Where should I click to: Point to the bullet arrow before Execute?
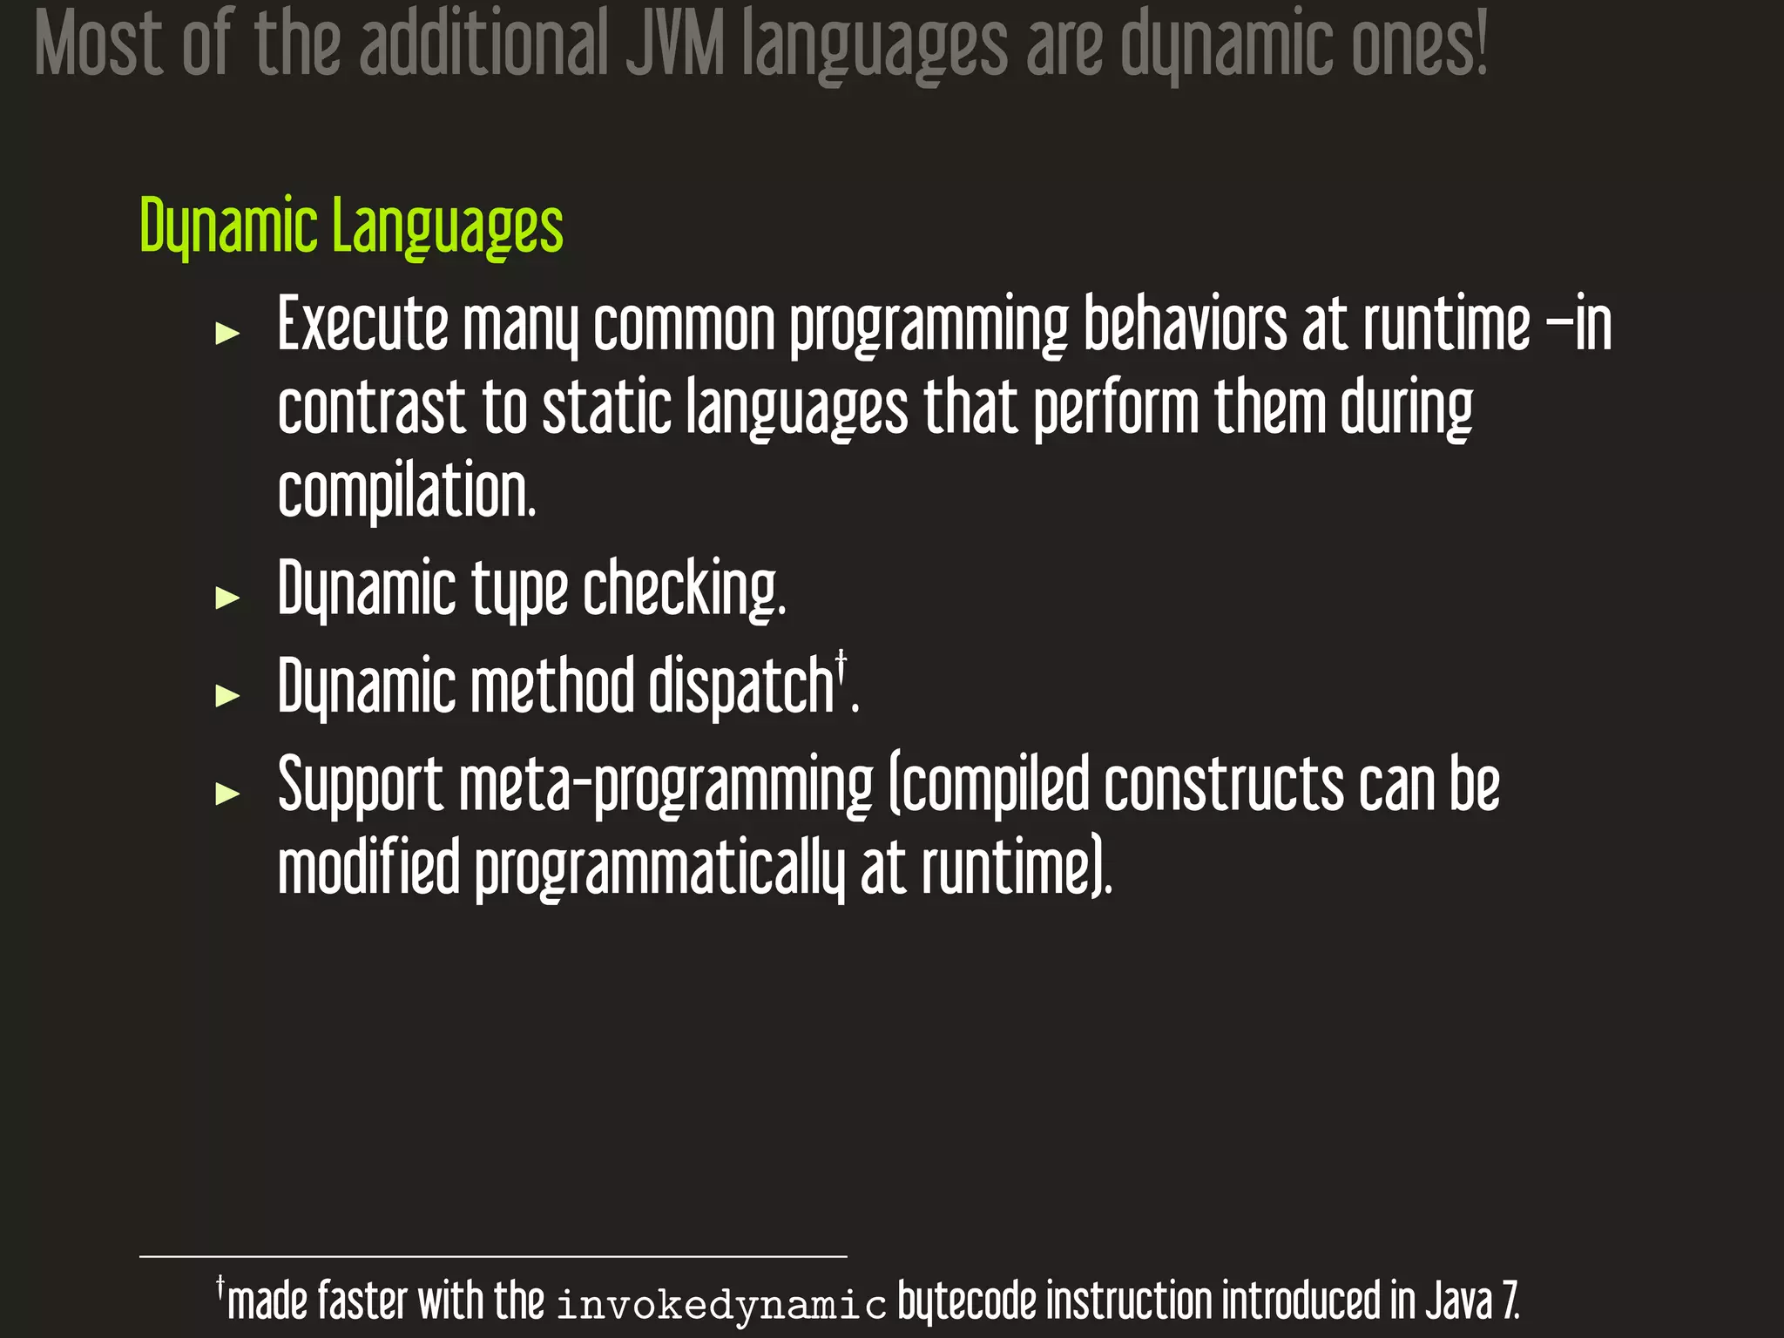click(227, 333)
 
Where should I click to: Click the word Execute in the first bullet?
click(362, 324)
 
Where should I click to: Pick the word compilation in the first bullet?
click(406, 490)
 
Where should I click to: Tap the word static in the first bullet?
click(607, 408)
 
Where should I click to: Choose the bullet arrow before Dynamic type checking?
click(227, 598)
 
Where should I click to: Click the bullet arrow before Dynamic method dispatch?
click(227, 695)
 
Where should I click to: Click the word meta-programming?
click(666, 787)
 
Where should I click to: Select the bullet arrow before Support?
click(227, 794)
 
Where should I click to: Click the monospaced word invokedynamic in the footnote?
click(721, 1304)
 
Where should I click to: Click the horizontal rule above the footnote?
click(493, 1256)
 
